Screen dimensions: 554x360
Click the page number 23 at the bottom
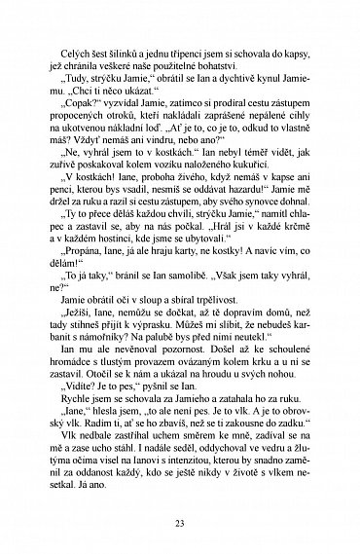point(180,527)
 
